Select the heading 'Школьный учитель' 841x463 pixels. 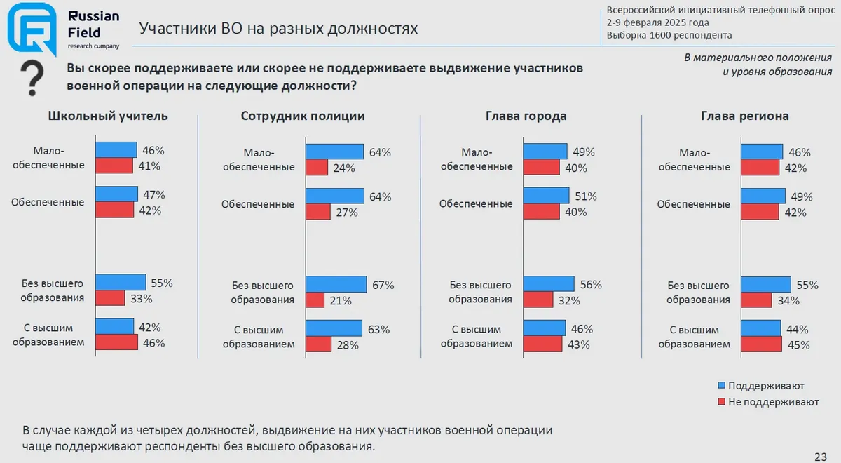[108, 116]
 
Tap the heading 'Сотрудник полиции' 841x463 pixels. [303, 116]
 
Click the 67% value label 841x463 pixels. [383, 286]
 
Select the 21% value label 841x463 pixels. [341, 301]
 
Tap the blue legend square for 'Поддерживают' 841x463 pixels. [721, 386]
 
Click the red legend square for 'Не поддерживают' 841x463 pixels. [721, 402]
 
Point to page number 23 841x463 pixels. [821, 454]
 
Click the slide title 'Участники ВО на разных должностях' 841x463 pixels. [278, 29]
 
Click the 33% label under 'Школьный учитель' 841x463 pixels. [142, 298]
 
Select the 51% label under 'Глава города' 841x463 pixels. [587, 196]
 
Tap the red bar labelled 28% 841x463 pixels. [318, 344]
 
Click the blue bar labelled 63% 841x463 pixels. [334, 328]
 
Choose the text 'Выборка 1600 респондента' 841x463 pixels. [669, 35]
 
